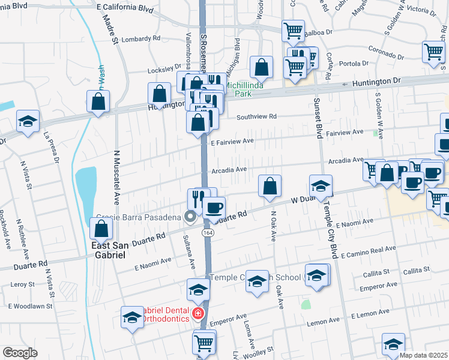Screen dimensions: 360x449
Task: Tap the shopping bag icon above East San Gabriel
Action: [101, 227]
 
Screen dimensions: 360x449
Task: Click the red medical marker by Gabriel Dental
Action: [197, 313]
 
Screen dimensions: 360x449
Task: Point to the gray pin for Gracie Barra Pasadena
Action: [191, 217]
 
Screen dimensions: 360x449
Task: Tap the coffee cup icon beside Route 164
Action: [214, 208]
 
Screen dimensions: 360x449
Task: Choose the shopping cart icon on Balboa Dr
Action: [293, 29]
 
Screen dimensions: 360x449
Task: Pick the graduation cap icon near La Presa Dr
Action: [28, 120]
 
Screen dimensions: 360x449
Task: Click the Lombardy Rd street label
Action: [142, 38]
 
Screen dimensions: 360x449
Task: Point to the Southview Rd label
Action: [256, 117]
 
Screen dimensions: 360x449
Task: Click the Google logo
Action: [20, 353]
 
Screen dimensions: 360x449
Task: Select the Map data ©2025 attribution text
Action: [423, 355]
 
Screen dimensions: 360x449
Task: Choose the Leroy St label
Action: [22, 286]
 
